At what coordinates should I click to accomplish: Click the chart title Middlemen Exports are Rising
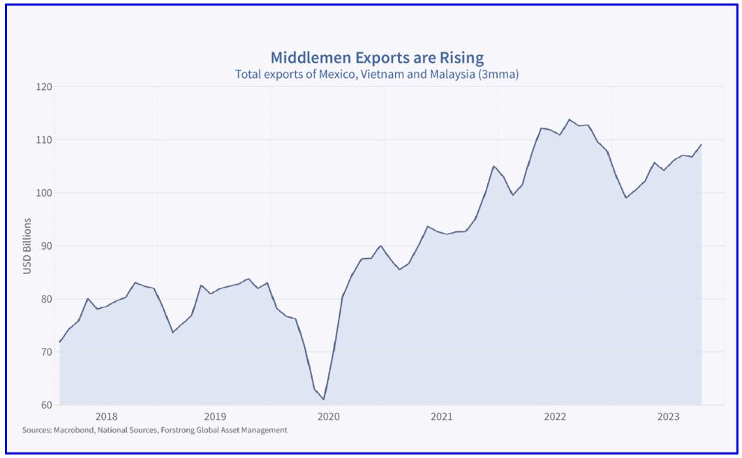(x=376, y=57)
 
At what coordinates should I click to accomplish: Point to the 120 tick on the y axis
(x=45, y=87)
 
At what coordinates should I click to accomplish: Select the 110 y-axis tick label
(x=45, y=140)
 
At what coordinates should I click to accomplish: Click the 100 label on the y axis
(x=45, y=193)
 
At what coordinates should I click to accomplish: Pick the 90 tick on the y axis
(x=47, y=246)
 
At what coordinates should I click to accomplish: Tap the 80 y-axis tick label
(x=47, y=299)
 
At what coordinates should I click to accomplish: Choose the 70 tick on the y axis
(x=47, y=352)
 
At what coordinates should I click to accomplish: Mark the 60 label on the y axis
(x=47, y=405)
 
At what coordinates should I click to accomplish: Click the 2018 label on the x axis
(x=106, y=417)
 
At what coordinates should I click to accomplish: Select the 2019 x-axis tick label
(x=214, y=417)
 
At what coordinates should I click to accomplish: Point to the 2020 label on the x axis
(x=328, y=417)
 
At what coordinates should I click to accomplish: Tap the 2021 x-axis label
(x=441, y=417)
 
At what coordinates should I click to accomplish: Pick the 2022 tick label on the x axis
(x=555, y=417)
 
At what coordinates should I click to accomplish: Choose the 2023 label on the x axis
(x=668, y=417)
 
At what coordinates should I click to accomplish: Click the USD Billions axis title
(x=28, y=246)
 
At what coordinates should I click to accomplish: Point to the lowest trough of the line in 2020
(x=323, y=399)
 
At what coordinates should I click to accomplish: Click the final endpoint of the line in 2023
(x=701, y=144)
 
